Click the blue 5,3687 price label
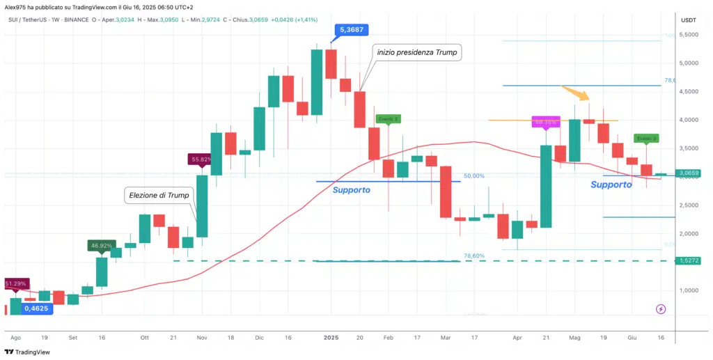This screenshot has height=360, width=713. click(352, 30)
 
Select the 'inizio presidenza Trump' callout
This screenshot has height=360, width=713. click(418, 52)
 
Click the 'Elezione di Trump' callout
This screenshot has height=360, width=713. click(158, 196)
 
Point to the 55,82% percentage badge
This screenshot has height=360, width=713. click(201, 159)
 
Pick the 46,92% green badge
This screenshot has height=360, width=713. click(101, 245)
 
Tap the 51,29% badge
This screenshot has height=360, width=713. click(15, 284)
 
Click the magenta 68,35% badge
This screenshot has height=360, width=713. click(544, 122)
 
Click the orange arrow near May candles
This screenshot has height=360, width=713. click(575, 92)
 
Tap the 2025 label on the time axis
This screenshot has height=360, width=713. click(331, 336)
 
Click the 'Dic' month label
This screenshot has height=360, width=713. click(259, 336)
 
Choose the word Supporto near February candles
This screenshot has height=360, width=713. click(352, 189)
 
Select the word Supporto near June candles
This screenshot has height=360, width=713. click(611, 185)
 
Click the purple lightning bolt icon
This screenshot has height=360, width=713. click(660, 308)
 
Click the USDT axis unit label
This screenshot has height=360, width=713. click(688, 19)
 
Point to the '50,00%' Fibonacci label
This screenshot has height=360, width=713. click(474, 176)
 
